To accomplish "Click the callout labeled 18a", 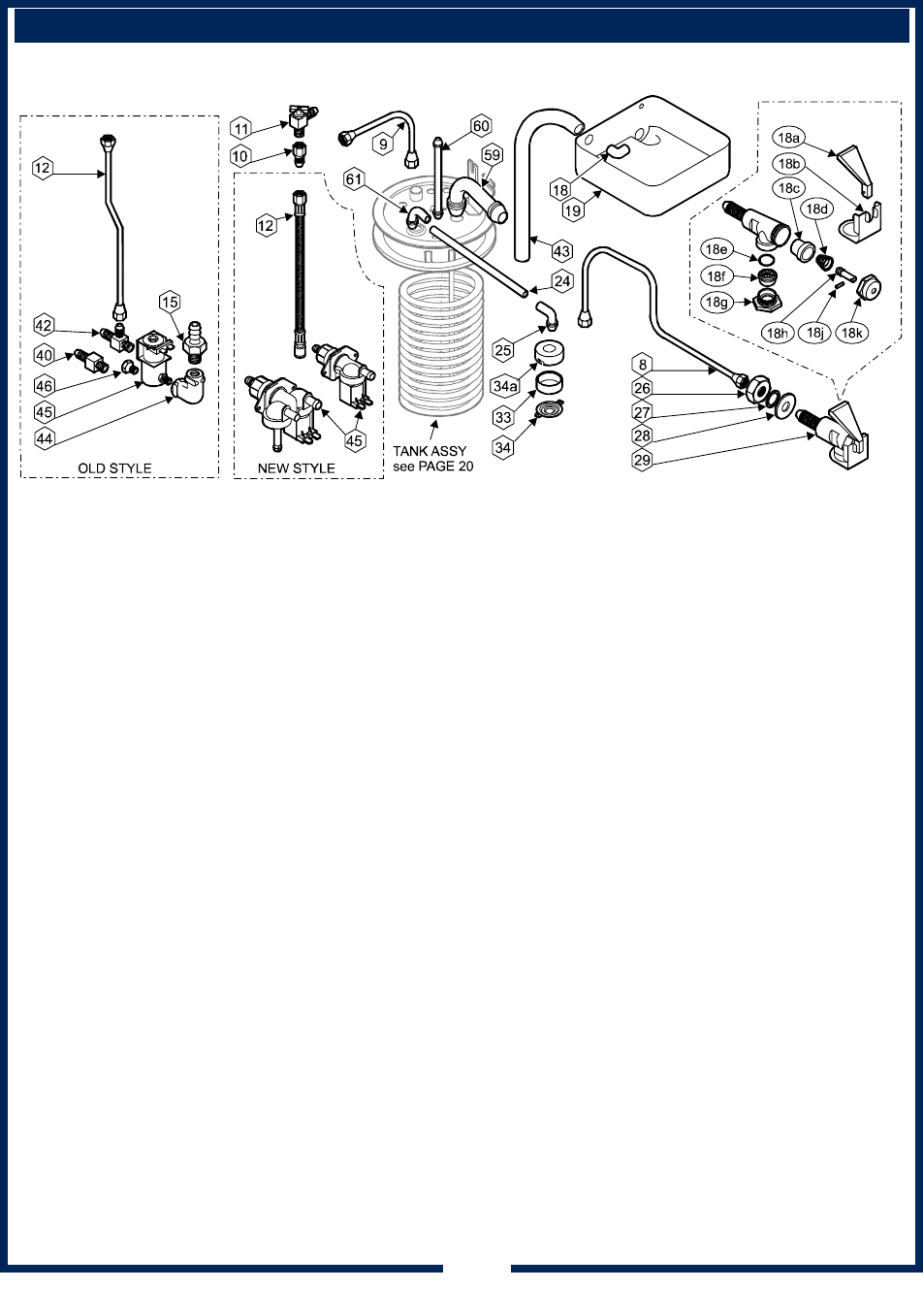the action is [x=788, y=138].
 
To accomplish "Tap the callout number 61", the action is [x=354, y=179].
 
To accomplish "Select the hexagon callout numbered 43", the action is [x=561, y=251].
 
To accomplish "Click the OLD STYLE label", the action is [x=115, y=468].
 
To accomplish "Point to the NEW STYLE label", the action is [x=296, y=468].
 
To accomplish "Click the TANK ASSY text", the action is [x=430, y=451].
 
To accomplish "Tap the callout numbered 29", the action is [x=643, y=460].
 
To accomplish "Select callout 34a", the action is [x=505, y=386].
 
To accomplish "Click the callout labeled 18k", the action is [x=851, y=333].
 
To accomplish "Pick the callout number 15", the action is [x=170, y=302].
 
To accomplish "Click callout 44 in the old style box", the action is [x=45, y=438].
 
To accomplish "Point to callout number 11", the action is [x=241, y=128].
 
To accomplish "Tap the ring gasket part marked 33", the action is [x=549, y=381].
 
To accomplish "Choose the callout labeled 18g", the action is [x=716, y=302].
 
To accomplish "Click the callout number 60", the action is [x=481, y=126].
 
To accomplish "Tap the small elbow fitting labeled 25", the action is [x=547, y=317].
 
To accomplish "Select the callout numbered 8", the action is [x=643, y=365].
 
